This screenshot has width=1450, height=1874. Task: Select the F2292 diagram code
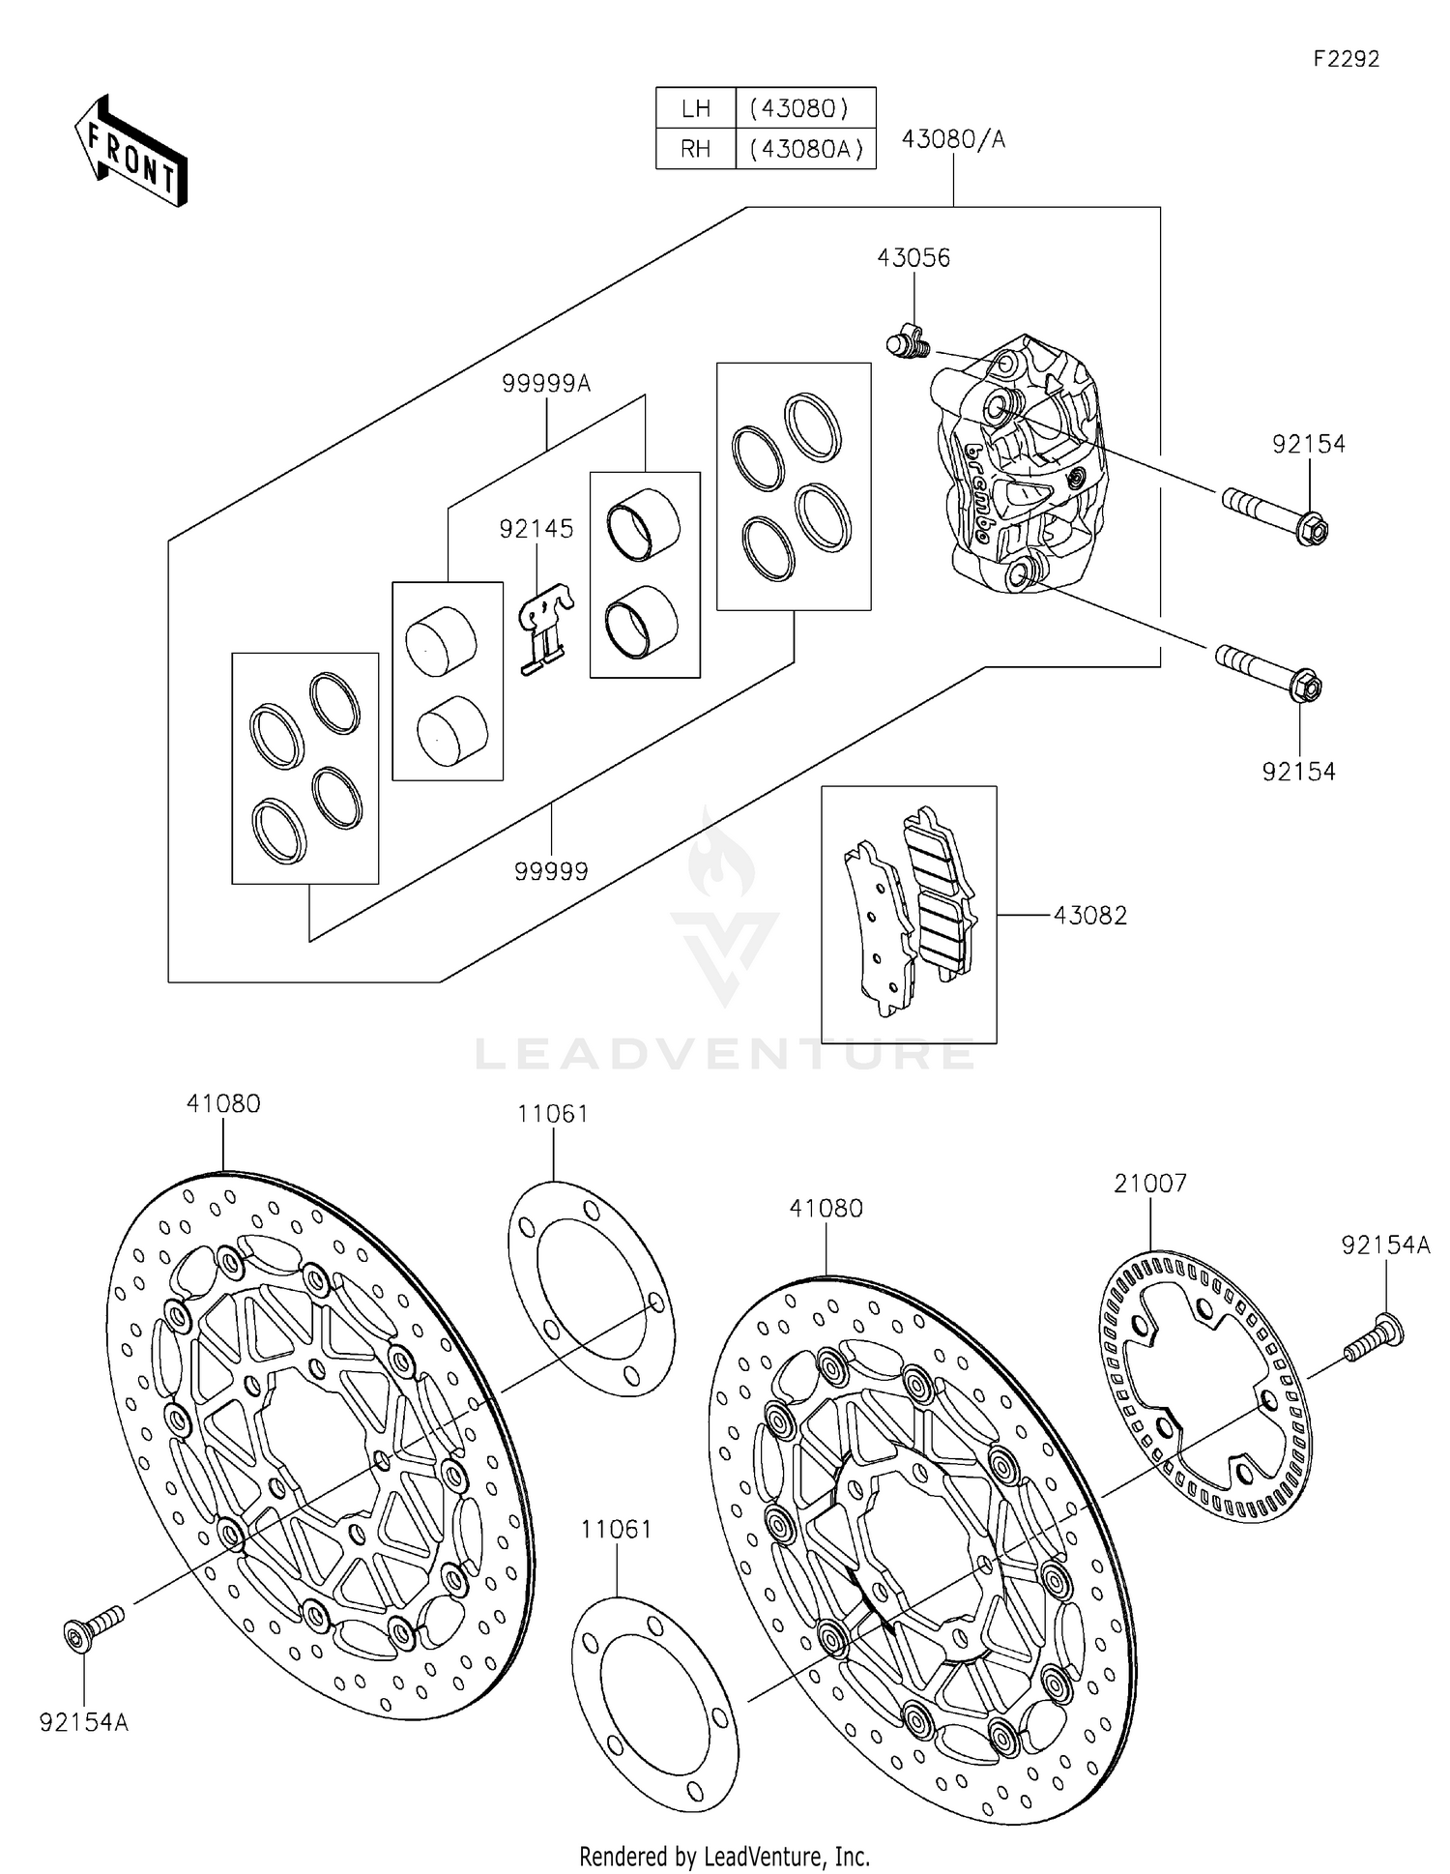(x=1346, y=59)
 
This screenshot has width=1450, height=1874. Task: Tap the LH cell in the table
(x=696, y=107)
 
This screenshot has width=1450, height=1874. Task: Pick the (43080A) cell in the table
(x=805, y=149)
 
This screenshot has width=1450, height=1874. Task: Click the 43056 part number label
(x=913, y=258)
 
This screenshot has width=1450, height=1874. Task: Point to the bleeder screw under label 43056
(x=906, y=341)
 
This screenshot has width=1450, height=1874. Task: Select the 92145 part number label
(x=536, y=529)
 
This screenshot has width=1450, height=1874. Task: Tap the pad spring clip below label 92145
(x=544, y=630)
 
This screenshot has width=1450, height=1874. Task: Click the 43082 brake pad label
(x=1090, y=915)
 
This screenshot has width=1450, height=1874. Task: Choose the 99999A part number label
(x=546, y=384)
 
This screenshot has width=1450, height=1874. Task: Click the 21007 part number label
(x=1150, y=1184)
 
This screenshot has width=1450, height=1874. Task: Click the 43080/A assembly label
(x=953, y=140)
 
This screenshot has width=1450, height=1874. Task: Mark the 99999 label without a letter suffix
(x=551, y=871)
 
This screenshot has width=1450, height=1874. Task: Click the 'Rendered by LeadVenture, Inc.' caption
(x=724, y=1856)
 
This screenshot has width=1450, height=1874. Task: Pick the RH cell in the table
(x=696, y=149)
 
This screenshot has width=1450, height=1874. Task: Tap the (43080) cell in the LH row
(x=805, y=107)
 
